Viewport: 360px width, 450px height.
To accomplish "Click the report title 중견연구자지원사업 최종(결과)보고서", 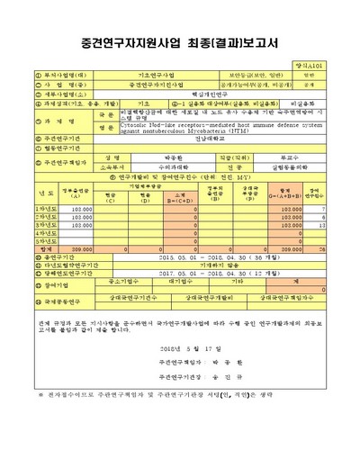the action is (x=180, y=43).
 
